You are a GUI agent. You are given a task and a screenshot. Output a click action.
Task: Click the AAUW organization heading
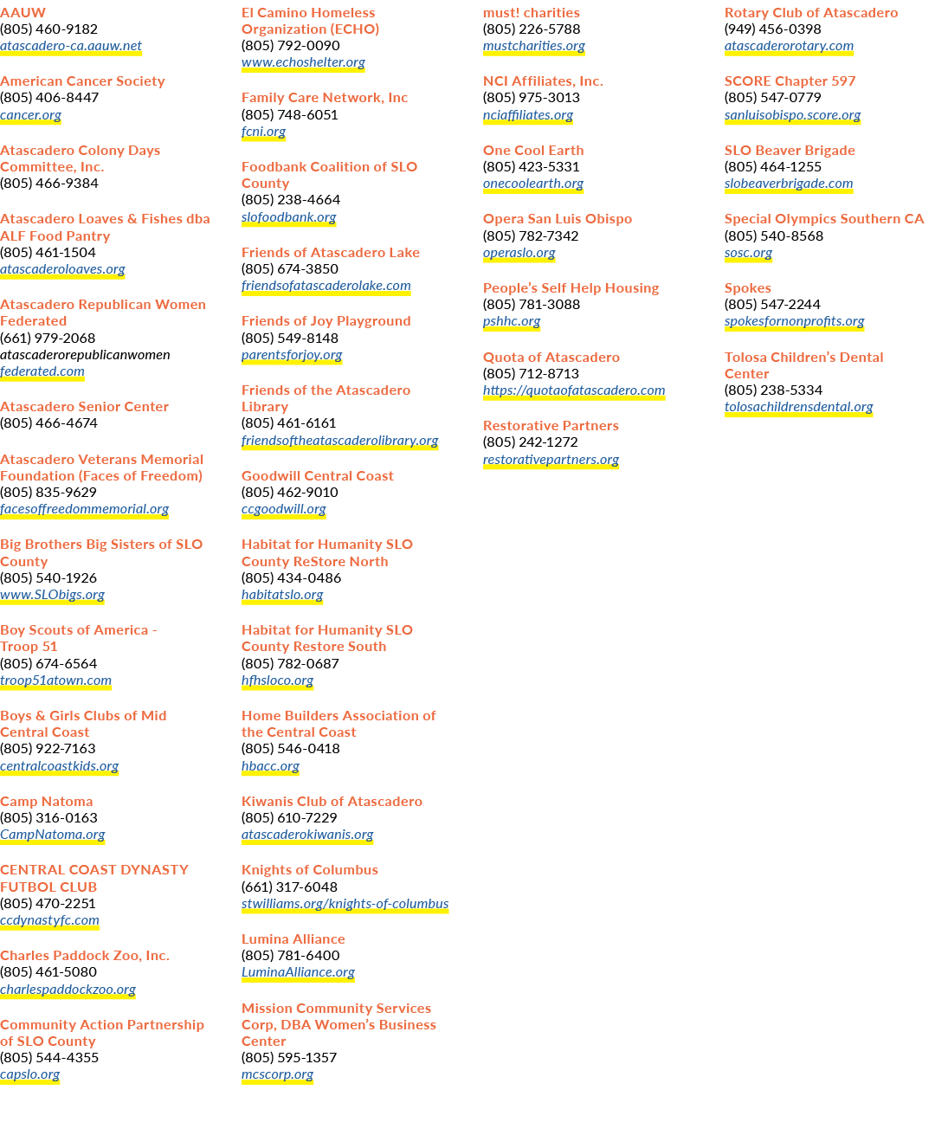pyautogui.click(x=23, y=12)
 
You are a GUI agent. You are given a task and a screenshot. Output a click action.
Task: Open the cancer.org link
pyautogui.click(x=30, y=115)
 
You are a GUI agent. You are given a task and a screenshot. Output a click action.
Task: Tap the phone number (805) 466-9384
pyautogui.click(x=49, y=184)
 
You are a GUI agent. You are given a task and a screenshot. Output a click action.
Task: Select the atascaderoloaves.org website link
pyautogui.click(x=62, y=269)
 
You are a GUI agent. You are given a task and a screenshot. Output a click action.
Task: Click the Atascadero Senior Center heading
pyautogui.click(x=84, y=406)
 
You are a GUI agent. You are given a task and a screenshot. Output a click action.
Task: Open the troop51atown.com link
pyautogui.click(x=55, y=680)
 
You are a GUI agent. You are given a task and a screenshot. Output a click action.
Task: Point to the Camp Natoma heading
pyautogui.click(x=47, y=802)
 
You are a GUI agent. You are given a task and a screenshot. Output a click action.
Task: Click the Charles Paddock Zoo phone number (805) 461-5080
pyautogui.click(x=48, y=971)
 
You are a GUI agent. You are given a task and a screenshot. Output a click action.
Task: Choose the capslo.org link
pyautogui.click(x=29, y=1074)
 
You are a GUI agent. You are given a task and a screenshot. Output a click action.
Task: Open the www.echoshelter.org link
pyautogui.click(x=303, y=62)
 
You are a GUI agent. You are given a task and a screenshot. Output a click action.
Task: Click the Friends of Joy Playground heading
pyautogui.click(x=326, y=321)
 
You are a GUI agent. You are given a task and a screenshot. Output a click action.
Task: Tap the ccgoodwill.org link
pyautogui.click(x=283, y=509)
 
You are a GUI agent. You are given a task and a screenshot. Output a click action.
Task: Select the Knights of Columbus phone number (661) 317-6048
pyautogui.click(x=289, y=887)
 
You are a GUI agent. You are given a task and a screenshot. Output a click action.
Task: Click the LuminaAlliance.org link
pyautogui.click(x=298, y=971)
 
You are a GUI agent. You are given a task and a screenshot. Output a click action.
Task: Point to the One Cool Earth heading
pyautogui.click(x=533, y=151)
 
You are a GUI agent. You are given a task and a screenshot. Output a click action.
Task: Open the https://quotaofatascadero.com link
pyautogui.click(x=574, y=390)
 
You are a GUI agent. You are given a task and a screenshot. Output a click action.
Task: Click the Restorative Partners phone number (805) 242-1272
pyautogui.click(x=531, y=442)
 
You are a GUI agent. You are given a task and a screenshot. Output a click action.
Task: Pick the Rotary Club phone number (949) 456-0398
pyautogui.click(x=773, y=29)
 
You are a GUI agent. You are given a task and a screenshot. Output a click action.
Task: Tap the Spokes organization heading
pyautogui.click(x=747, y=288)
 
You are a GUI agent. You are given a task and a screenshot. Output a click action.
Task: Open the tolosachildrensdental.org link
pyautogui.click(x=798, y=407)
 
